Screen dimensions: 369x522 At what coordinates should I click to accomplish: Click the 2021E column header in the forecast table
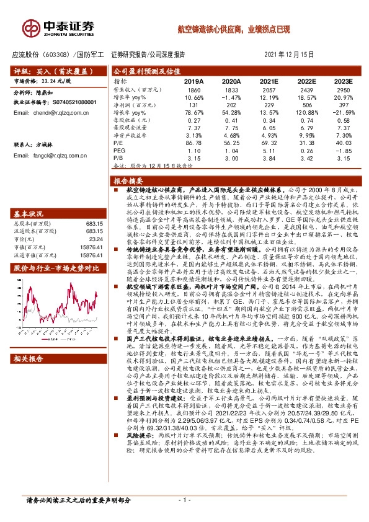click(269, 81)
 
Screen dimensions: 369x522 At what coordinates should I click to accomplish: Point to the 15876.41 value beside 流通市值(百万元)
click(91, 237)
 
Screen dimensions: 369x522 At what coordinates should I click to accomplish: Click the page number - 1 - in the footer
click(184, 500)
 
